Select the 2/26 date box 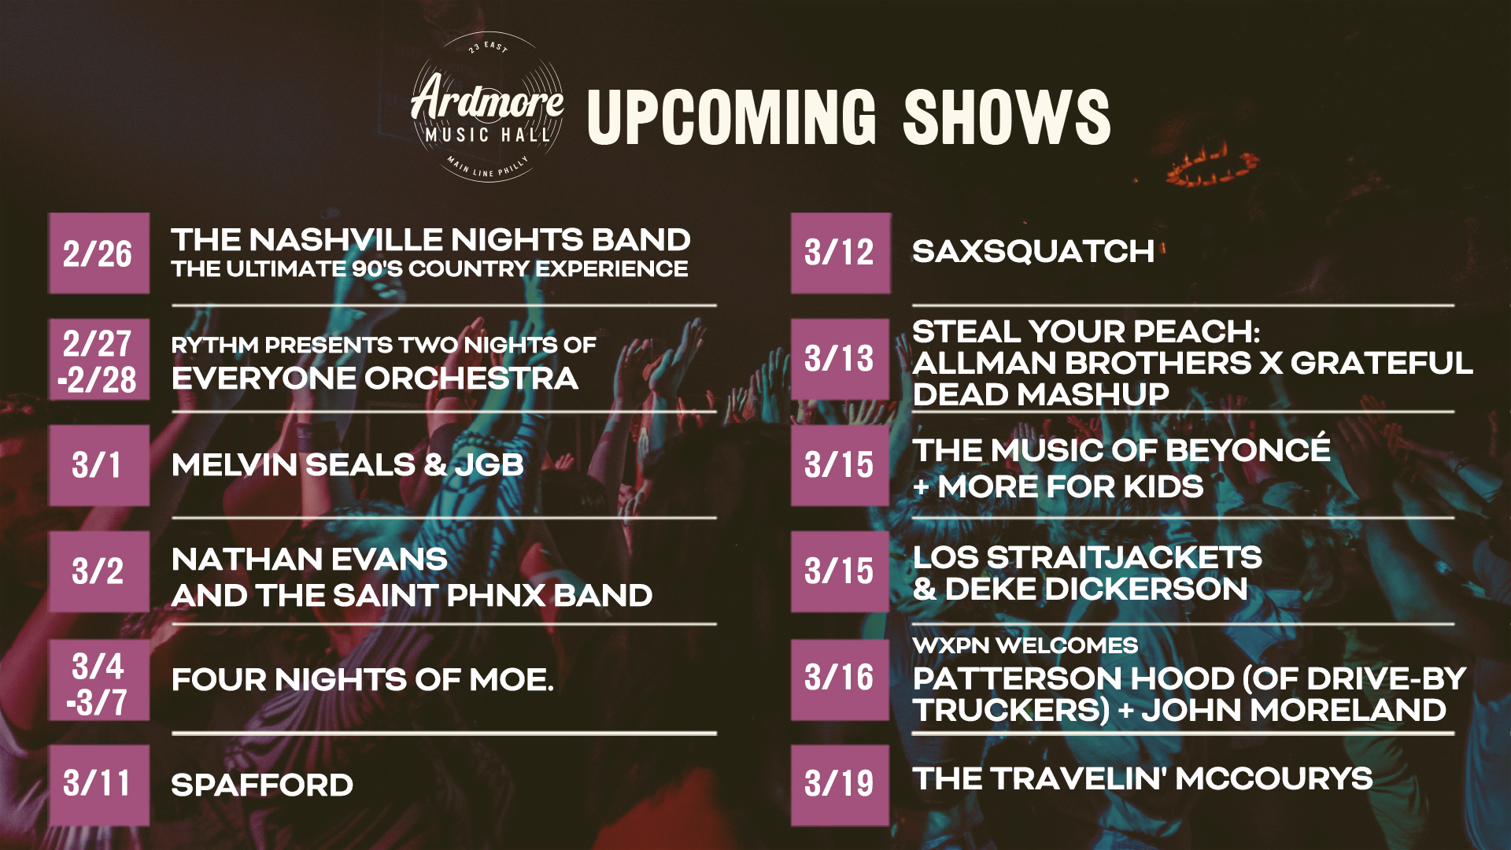pyautogui.click(x=99, y=253)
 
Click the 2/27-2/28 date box pyautogui.click(x=99, y=360)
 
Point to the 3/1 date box pyautogui.click(x=99, y=465)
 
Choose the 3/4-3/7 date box pyautogui.click(x=99, y=680)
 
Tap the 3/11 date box pyautogui.click(x=99, y=785)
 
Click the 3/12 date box pyautogui.click(x=840, y=253)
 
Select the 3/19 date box pyautogui.click(x=840, y=785)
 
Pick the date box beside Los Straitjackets pyautogui.click(x=840, y=571)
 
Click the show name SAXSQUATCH pyautogui.click(x=1033, y=252)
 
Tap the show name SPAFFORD pyautogui.click(x=262, y=785)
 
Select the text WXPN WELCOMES pyautogui.click(x=1025, y=645)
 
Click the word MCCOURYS pyautogui.click(x=1274, y=779)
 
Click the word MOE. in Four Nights pyautogui.click(x=512, y=680)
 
